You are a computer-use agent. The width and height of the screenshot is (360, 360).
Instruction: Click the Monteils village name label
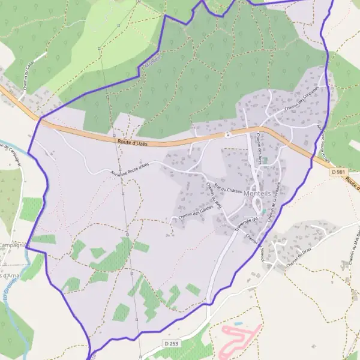(x=259, y=193)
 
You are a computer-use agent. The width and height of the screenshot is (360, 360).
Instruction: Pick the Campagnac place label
(x=12, y=245)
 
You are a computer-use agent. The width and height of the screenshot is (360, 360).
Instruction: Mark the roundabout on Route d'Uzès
(x=228, y=134)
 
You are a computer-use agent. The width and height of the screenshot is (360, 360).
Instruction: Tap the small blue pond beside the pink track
(x=239, y=324)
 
